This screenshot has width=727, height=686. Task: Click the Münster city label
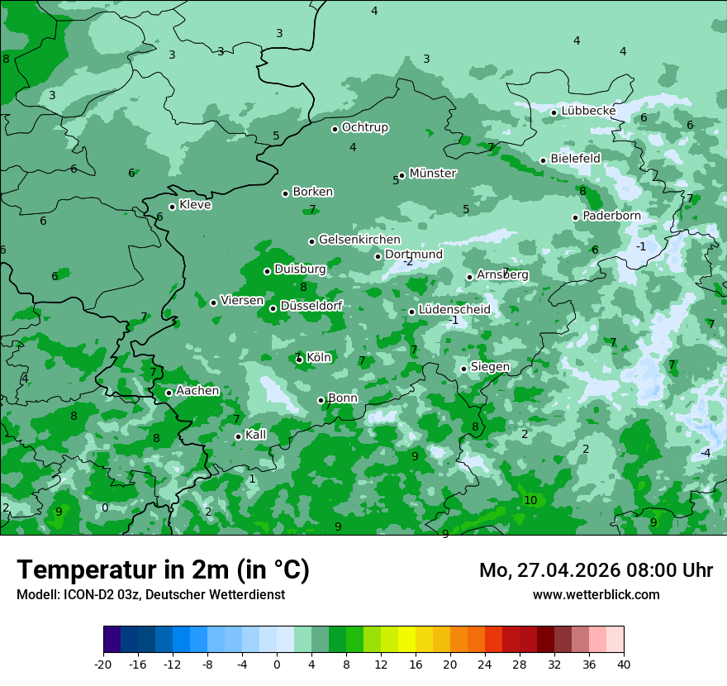click(x=433, y=174)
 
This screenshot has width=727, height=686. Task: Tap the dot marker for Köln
click(x=299, y=359)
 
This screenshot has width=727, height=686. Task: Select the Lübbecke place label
click(x=588, y=111)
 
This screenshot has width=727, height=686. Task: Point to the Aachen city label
click(x=197, y=391)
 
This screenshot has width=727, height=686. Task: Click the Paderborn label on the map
click(x=611, y=216)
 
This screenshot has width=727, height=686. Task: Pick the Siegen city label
click(x=490, y=367)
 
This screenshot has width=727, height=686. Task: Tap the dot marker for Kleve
click(x=172, y=207)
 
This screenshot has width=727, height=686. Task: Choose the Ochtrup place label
click(x=365, y=127)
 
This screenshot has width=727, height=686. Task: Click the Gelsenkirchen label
click(x=359, y=240)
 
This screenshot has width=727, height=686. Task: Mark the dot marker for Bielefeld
click(x=543, y=160)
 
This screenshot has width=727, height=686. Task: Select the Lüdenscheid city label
click(x=454, y=310)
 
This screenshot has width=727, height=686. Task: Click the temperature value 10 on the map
click(x=530, y=500)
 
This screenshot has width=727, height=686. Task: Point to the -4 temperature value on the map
click(x=705, y=453)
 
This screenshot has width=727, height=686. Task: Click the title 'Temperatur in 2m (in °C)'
click(x=163, y=569)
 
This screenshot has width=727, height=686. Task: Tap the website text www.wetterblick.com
click(x=596, y=594)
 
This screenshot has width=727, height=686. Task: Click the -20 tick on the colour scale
click(x=103, y=665)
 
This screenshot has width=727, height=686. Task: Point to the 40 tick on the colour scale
click(x=624, y=665)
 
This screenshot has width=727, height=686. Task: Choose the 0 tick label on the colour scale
click(x=277, y=665)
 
